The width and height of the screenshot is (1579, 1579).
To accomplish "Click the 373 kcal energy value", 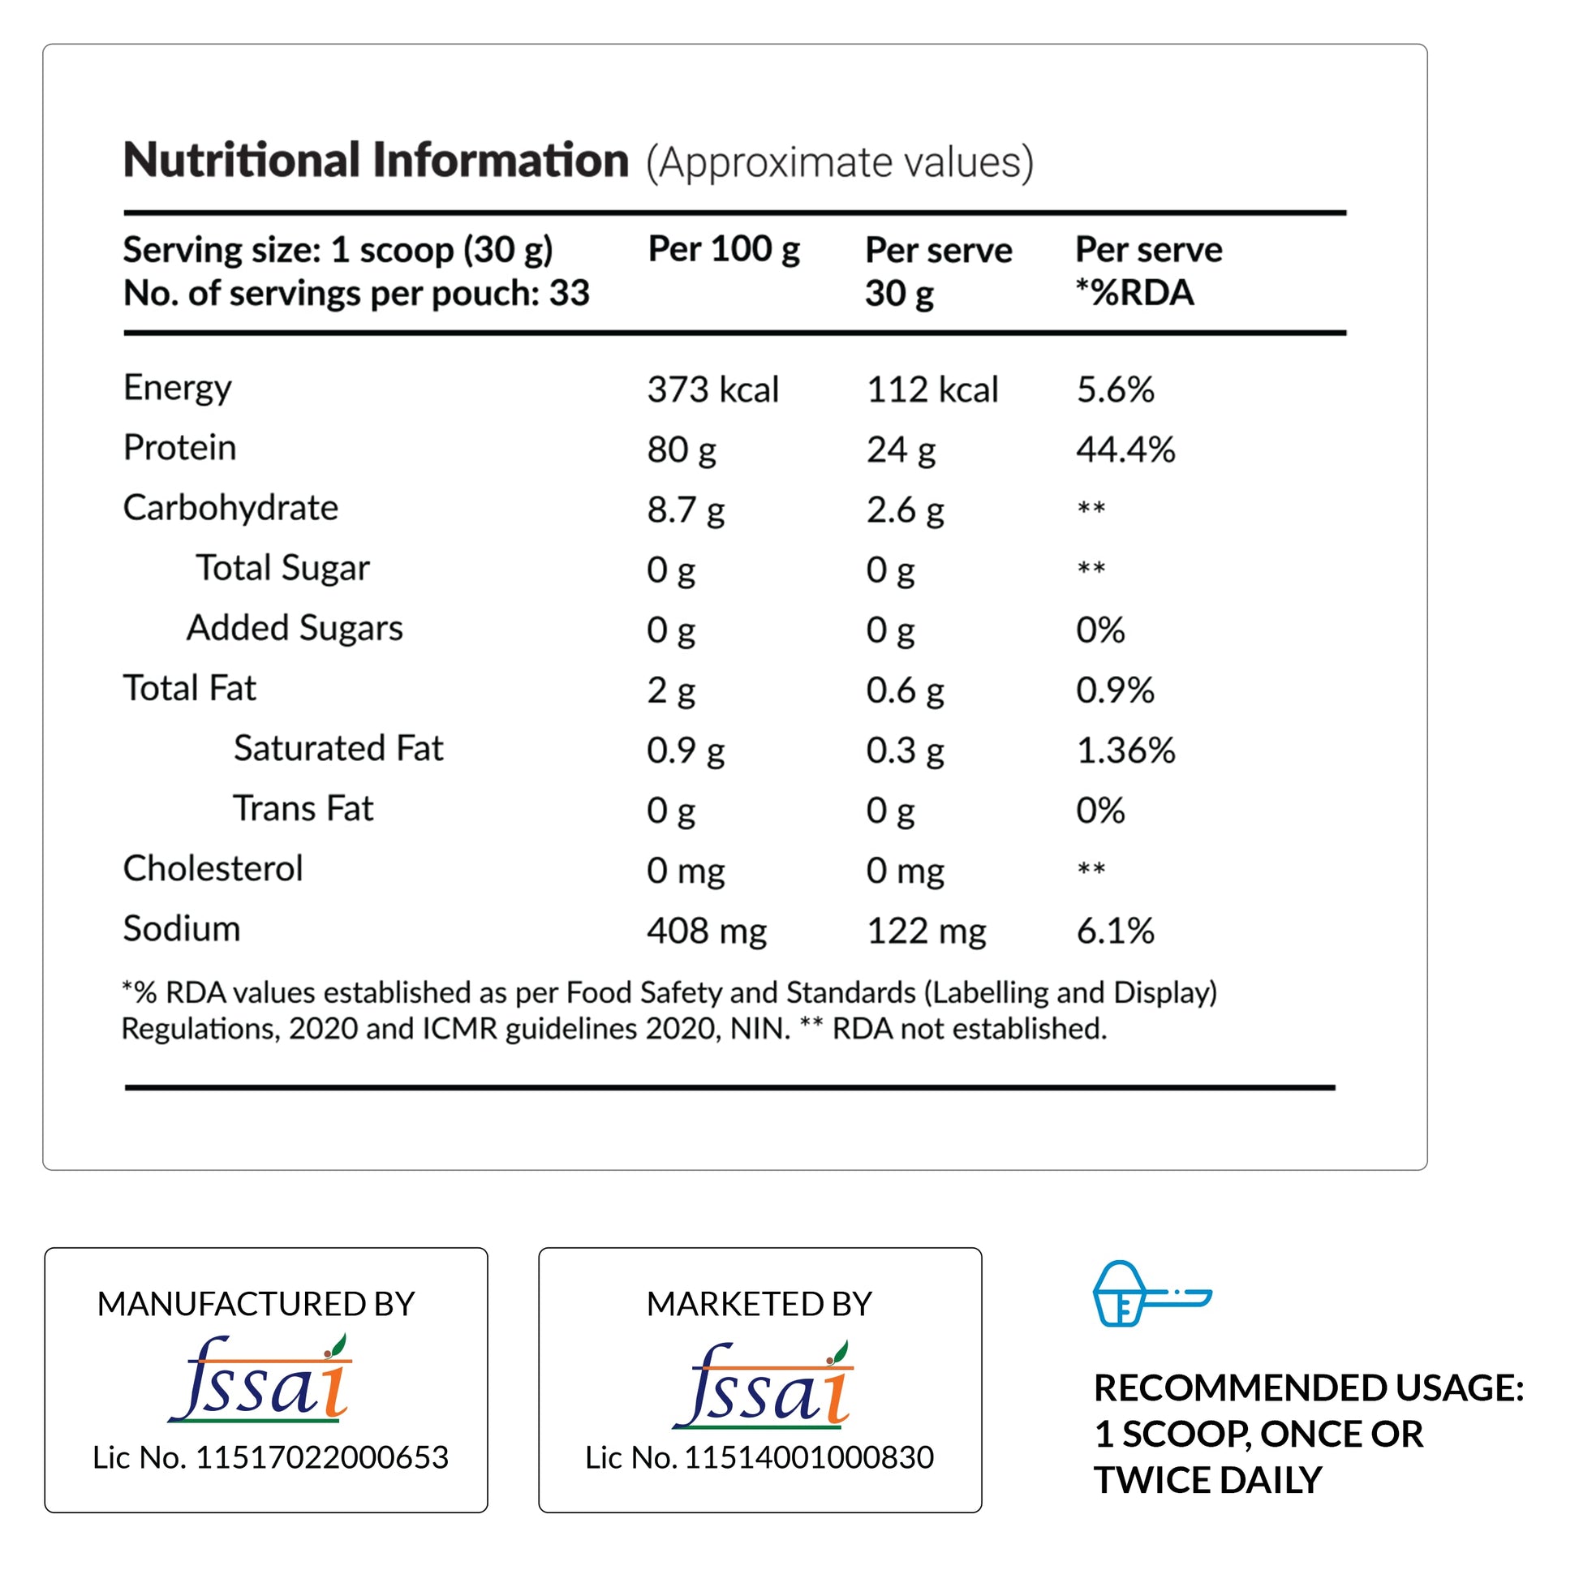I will (x=712, y=389).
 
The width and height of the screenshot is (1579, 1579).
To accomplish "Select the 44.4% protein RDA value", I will (x=1125, y=450).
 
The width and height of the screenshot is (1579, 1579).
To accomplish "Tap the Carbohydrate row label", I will (x=230, y=508).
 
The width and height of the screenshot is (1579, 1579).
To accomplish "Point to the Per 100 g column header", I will (x=722, y=249).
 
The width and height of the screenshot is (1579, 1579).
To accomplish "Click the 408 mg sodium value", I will (x=706, y=931).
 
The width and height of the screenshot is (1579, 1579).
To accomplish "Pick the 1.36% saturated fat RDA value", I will (x=1125, y=751).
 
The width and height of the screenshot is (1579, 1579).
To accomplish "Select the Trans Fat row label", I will (x=303, y=808).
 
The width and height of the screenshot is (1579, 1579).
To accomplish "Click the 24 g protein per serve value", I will (x=900, y=450).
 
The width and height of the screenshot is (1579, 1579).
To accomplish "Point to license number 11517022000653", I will (x=270, y=1457).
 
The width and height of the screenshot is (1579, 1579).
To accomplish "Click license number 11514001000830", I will (x=759, y=1457).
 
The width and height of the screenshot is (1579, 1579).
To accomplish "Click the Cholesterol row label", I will (x=213, y=869).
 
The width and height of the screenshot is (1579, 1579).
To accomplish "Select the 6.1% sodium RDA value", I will (x=1115, y=931).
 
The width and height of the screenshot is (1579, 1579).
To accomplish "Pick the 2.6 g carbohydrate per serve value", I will (x=904, y=510).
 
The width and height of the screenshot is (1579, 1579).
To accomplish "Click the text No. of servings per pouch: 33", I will (x=356, y=294).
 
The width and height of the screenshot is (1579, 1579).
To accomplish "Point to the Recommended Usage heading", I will (x=1308, y=1388).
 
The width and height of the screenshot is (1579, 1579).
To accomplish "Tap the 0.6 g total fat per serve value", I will (x=904, y=691).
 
